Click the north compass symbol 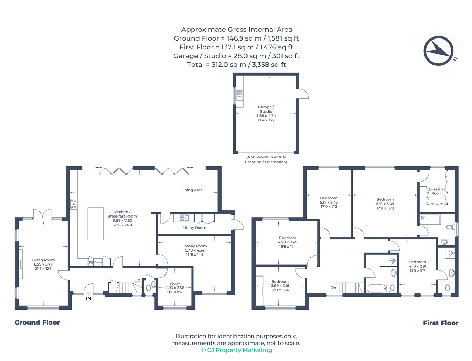click(x=438, y=51)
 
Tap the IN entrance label click(x=88, y=298)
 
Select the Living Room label click(x=43, y=260)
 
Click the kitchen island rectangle click(x=96, y=224)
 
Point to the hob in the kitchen click(x=73, y=204)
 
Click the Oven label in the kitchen click(x=98, y=262)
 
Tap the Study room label click(x=174, y=283)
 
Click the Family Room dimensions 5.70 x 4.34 click(x=195, y=250)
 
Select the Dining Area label click(x=191, y=190)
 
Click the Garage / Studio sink click(x=239, y=96)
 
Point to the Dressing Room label click(x=437, y=191)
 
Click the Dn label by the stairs click(x=333, y=288)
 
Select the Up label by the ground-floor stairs click(x=137, y=280)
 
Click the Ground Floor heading click(x=37, y=323)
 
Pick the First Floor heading click(x=441, y=323)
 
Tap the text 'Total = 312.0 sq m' click(x=216, y=65)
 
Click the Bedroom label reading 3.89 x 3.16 click(x=280, y=286)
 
